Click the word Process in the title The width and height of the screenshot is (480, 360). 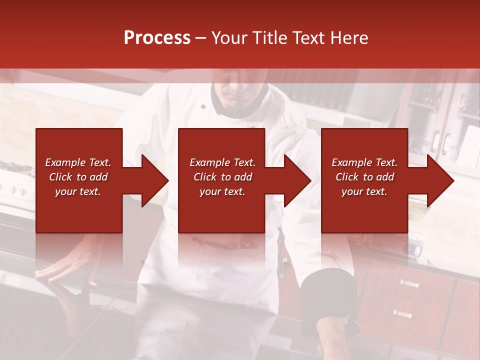point(157,38)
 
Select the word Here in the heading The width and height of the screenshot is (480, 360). point(349,38)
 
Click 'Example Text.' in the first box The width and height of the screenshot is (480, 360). point(78,162)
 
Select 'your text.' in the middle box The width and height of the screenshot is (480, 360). point(222,191)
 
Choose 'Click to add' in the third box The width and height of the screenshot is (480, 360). point(365,177)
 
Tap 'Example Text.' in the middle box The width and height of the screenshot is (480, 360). point(222,162)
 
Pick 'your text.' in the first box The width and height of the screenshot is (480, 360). point(78,191)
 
